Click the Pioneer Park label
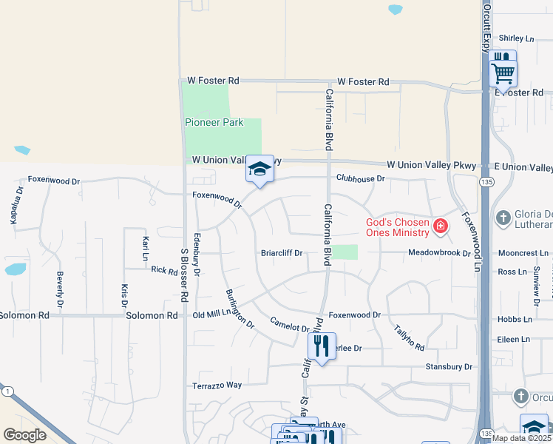(x=214, y=122)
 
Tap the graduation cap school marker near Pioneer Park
(x=259, y=169)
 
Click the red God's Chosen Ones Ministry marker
(x=441, y=225)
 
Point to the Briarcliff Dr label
(x=282, y=253)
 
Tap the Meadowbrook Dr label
(x=440, y=253)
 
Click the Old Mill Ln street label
(x=214, y=315)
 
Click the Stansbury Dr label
(x=448, y=366)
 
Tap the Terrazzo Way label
(x=217, y=386)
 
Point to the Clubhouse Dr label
(x=360, y=178)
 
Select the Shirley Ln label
(x=516, y=38)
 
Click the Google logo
(x=24, y=435)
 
